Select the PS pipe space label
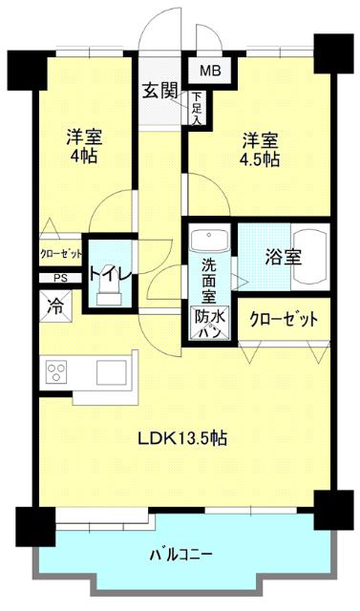(x=60, y=279)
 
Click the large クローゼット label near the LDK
(x=284, y=319)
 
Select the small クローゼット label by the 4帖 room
(x=59, y=254)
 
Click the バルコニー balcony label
(x=181, y=555)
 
